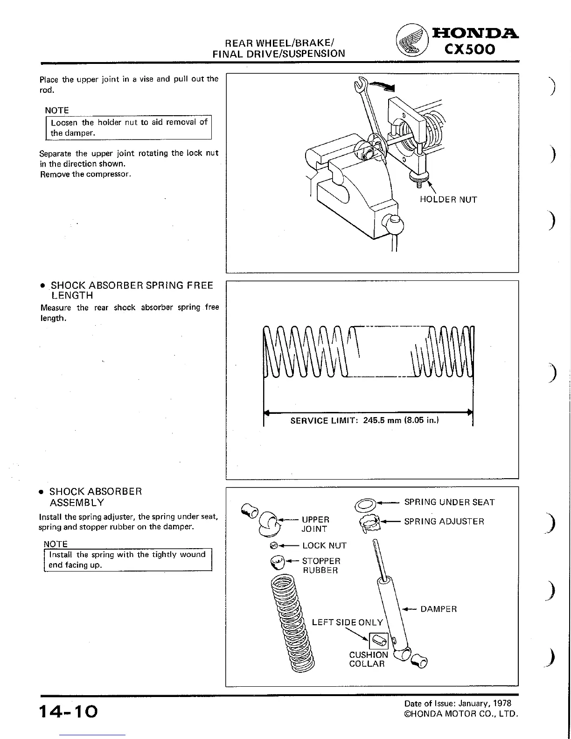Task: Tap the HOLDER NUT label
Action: (448, 200)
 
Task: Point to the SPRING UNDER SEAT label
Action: (449, 502)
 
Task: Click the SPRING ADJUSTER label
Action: (444, 522)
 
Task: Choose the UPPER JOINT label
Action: (315, 524)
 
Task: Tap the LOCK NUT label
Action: (324, 545)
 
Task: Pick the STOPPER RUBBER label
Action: (321, 565)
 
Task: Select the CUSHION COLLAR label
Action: (368, 659)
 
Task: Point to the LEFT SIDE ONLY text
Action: (347, 622)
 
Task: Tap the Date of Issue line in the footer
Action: (458, 703)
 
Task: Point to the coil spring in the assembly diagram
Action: (292, 625)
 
